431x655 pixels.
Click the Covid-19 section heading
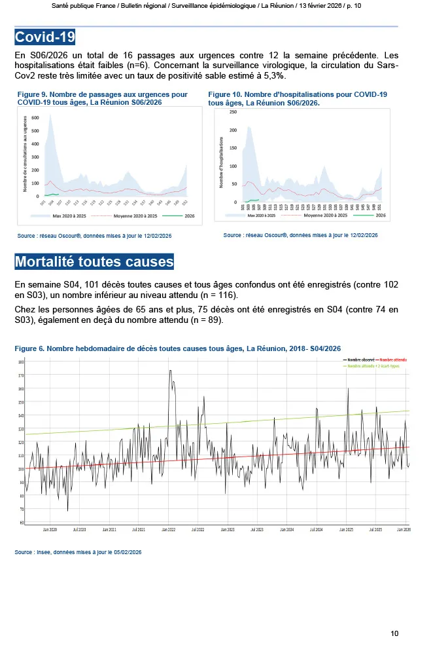click(45, 35)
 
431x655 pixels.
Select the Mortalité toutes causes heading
click(94, 262)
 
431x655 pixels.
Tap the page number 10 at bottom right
click(394, 633)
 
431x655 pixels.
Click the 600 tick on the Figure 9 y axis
click(35, 118)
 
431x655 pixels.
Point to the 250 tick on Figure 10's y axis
click(233, 112)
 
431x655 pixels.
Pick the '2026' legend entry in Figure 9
click(190, 215)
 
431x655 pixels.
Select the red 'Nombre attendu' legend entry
click(393, 360)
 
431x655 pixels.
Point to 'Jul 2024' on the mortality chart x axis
click(317, 529)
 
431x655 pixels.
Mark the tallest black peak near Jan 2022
click(170, 371)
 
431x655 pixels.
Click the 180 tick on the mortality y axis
click(21, 362)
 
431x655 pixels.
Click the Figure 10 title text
click(298, 98)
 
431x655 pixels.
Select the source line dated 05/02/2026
click(78, 552)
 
